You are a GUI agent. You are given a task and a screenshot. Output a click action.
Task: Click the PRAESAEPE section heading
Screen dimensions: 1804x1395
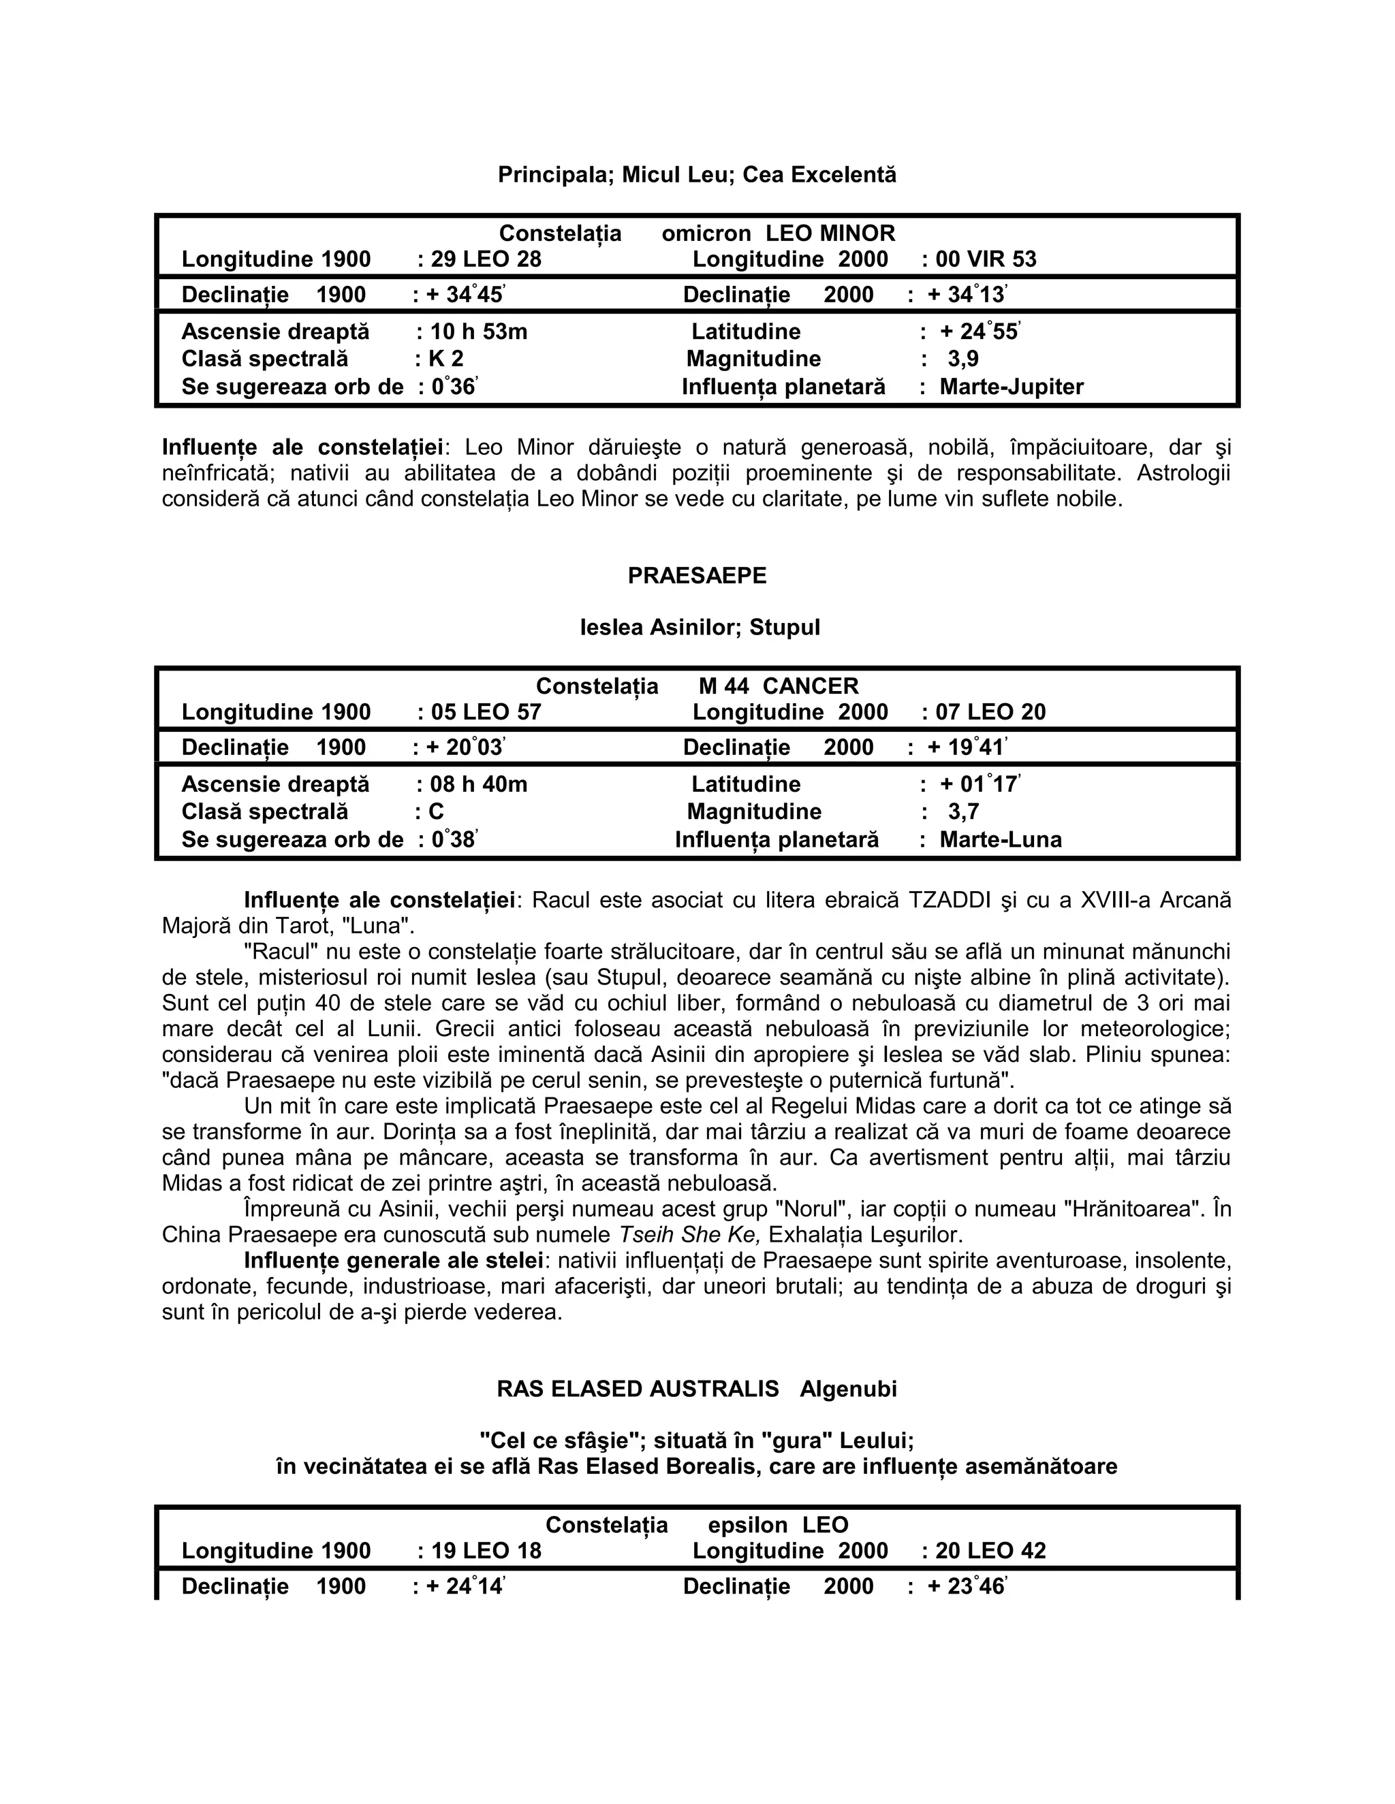697,576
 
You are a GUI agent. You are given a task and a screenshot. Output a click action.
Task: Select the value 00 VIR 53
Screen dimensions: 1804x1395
985,259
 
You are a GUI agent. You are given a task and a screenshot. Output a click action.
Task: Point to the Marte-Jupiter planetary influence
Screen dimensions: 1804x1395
1011,387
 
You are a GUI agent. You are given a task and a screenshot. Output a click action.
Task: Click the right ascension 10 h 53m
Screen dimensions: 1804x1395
478,332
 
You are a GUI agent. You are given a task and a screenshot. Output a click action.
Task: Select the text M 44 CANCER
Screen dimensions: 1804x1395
778,686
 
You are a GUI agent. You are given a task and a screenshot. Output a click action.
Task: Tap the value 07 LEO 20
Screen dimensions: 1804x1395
990,712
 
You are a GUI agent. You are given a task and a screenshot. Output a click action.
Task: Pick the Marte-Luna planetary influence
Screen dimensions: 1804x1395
1000,839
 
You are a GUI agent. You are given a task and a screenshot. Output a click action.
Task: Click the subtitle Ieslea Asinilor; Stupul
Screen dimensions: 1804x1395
699,628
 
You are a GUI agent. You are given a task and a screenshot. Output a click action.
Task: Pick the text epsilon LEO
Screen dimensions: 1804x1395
778,1525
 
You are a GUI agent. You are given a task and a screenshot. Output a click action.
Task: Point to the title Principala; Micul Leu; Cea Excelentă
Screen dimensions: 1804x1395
697,175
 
